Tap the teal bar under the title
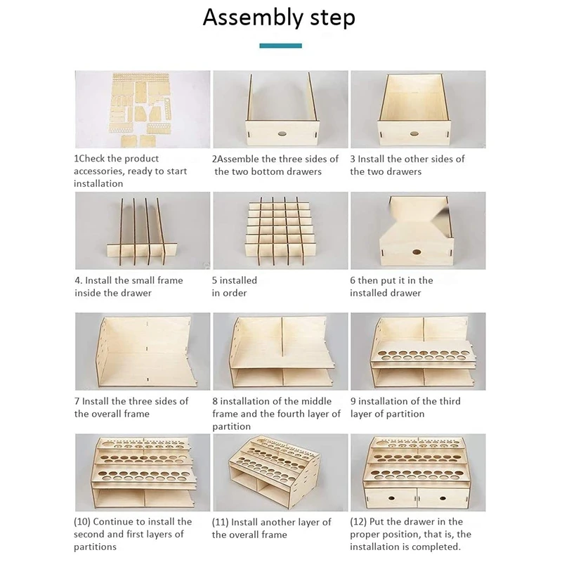[280, 46]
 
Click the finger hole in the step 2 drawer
[282, 134]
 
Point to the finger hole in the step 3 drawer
[414, 134]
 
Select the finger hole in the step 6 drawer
[416, 252]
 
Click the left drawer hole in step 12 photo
[392, 498]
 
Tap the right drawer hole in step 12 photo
[443, 498]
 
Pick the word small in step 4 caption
[143, 280]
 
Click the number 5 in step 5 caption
[214, 280]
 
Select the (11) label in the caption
[220, 522]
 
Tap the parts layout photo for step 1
[143, 110]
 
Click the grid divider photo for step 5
[280, 230]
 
